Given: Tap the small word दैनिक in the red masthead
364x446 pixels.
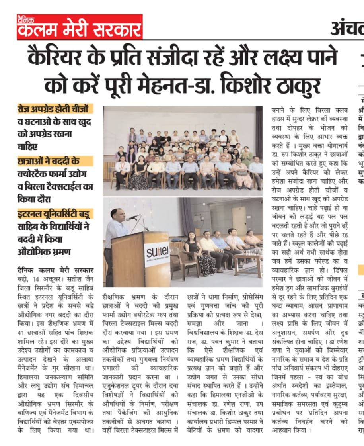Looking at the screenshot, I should [27, 18].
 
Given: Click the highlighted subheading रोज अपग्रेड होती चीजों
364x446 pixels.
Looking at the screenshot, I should [55, 109].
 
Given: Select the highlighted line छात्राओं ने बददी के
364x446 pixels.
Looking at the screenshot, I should [55, 161].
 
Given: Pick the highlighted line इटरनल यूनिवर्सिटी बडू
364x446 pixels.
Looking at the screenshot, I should [55, 213].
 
